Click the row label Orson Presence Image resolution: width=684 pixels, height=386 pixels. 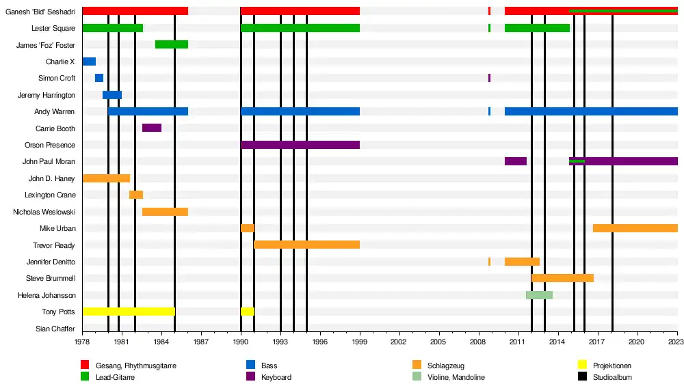(x=50, y=146)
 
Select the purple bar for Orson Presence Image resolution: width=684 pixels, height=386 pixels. (x=300, y=145)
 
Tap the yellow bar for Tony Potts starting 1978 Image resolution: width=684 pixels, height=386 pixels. (x=128, y=312)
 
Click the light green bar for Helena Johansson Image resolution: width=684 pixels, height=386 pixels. (x=539, y=295)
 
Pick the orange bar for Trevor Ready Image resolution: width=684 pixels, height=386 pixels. (x=306, y=245)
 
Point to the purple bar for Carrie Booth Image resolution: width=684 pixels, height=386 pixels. (x=152, y=128)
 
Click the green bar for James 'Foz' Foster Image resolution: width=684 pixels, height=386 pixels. (x=171, y=44)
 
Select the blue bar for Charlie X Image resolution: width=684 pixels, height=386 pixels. (x=89, y=61)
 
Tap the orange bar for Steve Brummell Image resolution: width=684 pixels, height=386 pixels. (x=562, y=278)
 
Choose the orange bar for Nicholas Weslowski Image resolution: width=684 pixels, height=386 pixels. (x=165, y=212)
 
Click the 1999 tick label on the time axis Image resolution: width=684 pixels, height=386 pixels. (x=359, y=341)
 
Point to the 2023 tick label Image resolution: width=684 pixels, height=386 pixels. (x=675, y=341)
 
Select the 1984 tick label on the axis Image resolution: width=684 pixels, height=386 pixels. (x=161, y=341)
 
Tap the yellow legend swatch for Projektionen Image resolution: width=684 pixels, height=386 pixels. (x=583, y=366)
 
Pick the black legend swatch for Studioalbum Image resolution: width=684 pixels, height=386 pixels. (x=583, y=377)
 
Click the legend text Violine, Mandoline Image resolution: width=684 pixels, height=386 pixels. (x=456, y=377)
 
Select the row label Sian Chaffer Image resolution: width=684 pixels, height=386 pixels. (x=55, y=329)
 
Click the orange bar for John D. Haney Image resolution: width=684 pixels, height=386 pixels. (x=106, y=178)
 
